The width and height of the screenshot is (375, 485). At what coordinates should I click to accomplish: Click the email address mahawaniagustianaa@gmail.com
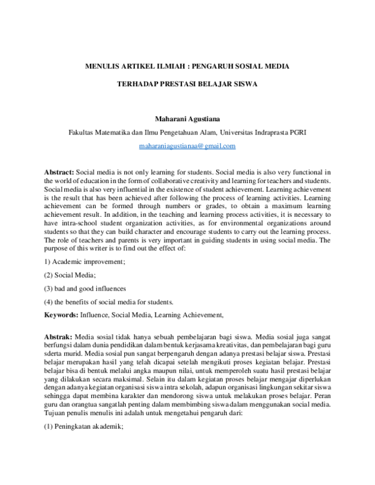[x=187, y=146]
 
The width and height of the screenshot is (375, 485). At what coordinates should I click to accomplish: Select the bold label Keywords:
[x=61, y=315]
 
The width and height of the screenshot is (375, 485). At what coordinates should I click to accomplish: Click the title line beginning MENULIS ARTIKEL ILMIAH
[x=187, y=66]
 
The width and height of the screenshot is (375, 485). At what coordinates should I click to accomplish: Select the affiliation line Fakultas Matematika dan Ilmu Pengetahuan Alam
[x=187, y=132]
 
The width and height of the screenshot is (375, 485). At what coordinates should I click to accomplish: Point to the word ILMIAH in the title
[x=153, y=66]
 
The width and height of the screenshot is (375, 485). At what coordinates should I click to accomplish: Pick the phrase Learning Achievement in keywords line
[x=189, y=315]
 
